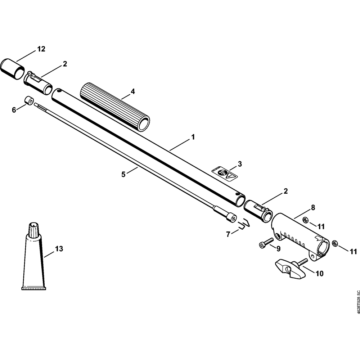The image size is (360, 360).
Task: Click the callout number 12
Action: pos(41,49)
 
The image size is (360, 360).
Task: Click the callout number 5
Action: pos(123,175)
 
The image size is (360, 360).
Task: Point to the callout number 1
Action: pos(193,137)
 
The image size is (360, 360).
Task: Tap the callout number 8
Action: pos(313,207)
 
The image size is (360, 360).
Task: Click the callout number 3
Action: pos(240,164)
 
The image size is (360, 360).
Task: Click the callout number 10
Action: pos(319,274)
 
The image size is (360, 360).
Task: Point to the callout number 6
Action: pos(14,110)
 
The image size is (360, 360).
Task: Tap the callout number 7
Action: pos(228,234)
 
